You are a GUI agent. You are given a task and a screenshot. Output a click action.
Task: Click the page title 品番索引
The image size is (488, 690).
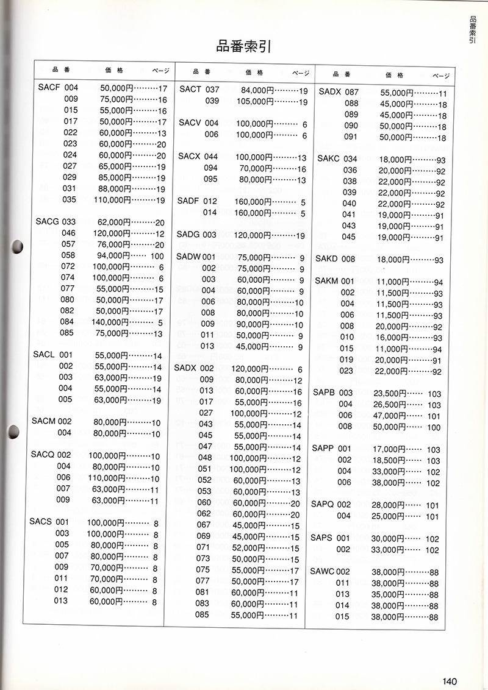[243, 46]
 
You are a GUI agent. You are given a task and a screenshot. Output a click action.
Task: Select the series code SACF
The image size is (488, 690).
[48, 88]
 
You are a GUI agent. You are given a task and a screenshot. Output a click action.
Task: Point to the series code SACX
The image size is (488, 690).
[190, 157]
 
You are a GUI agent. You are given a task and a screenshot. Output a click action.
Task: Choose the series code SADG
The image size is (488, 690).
[188, 235]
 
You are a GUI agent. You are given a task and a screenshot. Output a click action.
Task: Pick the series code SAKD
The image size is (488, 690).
[327, 259]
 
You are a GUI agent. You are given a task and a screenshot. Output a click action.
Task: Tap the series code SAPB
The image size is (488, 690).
[324, 393]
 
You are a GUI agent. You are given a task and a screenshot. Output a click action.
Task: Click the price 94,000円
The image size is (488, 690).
[114, 255]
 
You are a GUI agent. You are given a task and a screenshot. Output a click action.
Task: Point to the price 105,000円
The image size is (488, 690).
[253, 101]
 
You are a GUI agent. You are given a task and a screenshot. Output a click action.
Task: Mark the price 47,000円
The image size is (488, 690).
[390, 416]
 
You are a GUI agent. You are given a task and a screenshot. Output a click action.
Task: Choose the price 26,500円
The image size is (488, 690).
[390, 404]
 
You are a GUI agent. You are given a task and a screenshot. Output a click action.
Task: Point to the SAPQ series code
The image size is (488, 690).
[323, 505]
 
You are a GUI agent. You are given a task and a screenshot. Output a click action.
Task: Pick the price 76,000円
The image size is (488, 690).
[114, 244]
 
